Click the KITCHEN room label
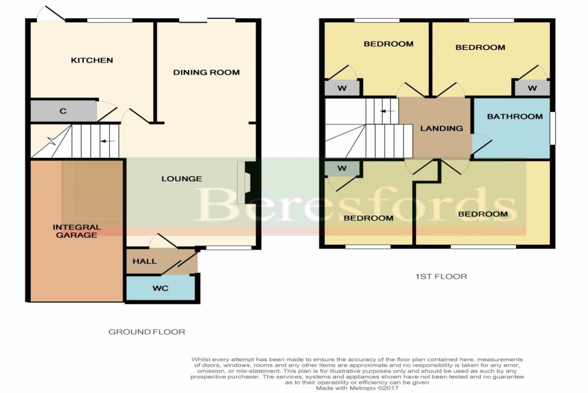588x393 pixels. click(x=91, y=60)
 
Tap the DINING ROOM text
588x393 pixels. click(x=206, y=72)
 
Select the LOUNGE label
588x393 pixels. click(x=181, y=178)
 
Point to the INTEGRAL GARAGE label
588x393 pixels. click(x=76, y=231)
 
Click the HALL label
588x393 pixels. click(x=145, y=261)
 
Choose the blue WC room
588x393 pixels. click(x=161, y=288)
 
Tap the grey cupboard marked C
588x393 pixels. click(x=63, y=111)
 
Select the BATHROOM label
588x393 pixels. click(x=514, y=116)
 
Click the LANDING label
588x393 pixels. click(x=442, y=129)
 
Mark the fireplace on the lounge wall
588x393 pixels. click(x=246, y=182)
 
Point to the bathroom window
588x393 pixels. click(x=552, y=127)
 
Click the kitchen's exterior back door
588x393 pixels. click(x=51, y=14)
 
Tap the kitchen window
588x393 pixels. click(x=109, y=21)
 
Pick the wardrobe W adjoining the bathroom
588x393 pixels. click(x=532, y=88)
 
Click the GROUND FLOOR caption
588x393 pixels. click(x=147, y=332)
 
